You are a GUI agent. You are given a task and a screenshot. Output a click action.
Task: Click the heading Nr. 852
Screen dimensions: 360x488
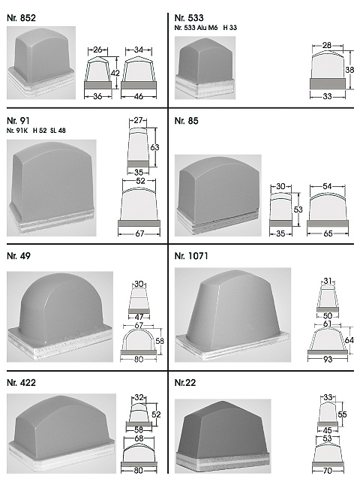click(x=21, y=18)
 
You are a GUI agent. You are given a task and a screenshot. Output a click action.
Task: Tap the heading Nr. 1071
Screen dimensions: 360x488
click(x=191, y=256)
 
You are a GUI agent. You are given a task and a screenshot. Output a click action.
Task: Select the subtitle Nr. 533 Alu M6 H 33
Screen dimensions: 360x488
click(x=205, y=28)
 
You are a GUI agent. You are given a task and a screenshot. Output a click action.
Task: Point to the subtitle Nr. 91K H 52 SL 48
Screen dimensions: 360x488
click(x=36, y=131)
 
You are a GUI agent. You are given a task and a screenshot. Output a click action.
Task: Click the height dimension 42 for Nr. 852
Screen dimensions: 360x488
click(x=115, y=73)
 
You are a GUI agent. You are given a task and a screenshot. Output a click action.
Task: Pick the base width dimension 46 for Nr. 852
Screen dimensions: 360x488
click(x=139, y=97)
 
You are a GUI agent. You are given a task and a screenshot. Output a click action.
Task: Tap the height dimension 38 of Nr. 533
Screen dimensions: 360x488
click(x=349, y=70)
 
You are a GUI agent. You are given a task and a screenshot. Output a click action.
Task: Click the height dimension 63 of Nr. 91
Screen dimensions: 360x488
click(x=154, y=147)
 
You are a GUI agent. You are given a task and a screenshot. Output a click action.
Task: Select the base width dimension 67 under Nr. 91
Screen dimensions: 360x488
click(x=139, y=233)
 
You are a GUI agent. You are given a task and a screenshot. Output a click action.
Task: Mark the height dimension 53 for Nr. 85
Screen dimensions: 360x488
click(x=298, y=209)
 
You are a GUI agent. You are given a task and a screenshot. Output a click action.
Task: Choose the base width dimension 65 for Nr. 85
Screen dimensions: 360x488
click(x=328, y=233)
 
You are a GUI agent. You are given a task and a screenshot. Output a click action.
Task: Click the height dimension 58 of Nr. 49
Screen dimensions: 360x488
click(x=160, y=341)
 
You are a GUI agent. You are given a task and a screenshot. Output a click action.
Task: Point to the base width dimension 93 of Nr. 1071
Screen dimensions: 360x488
click(x=328, y=360)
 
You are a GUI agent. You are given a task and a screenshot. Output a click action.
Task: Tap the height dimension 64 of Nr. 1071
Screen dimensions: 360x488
click(x=349, y=340)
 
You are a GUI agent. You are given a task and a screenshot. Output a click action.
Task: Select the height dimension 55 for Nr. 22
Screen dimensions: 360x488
click(x=342, y=414)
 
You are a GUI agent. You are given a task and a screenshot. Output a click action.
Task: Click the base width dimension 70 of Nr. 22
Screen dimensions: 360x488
click(x=328, y=471)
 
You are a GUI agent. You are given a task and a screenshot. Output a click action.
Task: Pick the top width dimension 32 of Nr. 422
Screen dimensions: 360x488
click(x=139, y=397)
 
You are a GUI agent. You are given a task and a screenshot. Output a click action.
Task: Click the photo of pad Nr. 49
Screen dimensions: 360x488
click(x=60, y=317)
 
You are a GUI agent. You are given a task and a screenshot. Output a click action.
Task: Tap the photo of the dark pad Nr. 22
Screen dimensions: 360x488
click(x=223, y=436)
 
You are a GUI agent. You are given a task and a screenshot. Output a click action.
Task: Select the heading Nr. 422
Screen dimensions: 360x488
click(x=21, y=382)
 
